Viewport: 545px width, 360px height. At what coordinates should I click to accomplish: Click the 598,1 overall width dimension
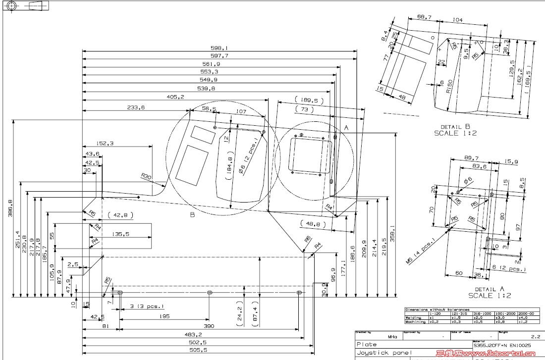click(x=219, y=48)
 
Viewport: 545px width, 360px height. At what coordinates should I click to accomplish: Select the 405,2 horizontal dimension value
click(x=176, y=97)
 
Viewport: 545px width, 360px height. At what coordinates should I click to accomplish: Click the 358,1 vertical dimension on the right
click(x=392, y=233)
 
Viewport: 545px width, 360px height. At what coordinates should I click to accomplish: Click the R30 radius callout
click(x=146, y=176)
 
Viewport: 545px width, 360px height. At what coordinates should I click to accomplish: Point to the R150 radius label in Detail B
click(x=448, y=87)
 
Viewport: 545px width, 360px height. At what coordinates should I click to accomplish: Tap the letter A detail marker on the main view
click(x=346, y=128)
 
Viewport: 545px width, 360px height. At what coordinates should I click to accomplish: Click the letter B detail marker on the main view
click(x=192, y=215)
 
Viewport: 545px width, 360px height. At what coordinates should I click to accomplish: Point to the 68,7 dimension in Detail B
click(x=424, y=17)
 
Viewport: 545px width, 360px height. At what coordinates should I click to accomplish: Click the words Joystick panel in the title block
click(x=383, y=353)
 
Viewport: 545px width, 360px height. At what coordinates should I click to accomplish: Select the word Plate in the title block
click(x=367, y=344)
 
